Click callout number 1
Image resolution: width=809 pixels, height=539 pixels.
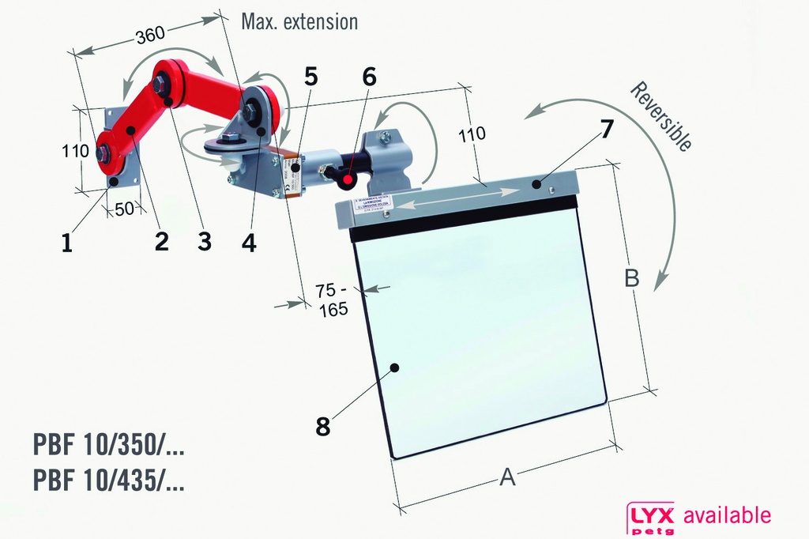tap(67, 243)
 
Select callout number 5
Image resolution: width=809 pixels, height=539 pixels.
tap(310, 77)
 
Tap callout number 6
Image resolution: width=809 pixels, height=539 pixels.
tap(369, 77)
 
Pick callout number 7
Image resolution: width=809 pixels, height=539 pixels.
tap(606, 128)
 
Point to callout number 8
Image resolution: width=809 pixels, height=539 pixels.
tap(322, 427)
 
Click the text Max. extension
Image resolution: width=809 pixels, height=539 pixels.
tap(299, 21)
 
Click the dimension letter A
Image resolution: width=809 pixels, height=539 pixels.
tap(508, 477)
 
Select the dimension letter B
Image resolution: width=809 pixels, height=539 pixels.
tap(631, 278)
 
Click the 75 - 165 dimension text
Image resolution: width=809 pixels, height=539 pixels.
tap(333, 300)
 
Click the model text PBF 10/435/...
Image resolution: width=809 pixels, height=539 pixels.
tap(109, 481)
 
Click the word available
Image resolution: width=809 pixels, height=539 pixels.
tap(727, 516)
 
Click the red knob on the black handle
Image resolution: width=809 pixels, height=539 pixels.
tap(347, 182)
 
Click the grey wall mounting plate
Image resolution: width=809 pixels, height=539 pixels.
tap(123, 146)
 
